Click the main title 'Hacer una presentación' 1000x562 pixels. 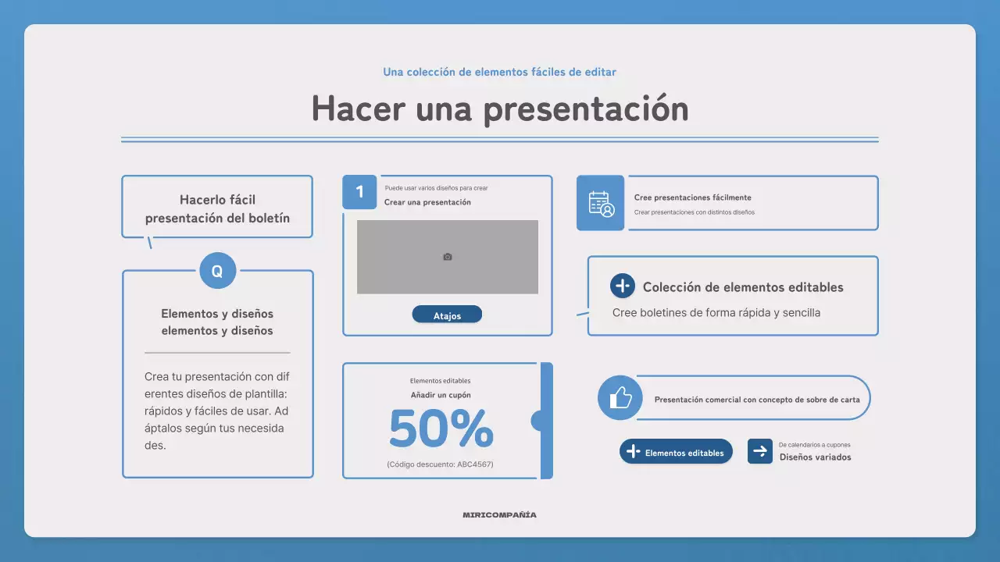[500, 108]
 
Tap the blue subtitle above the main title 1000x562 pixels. [500, 72]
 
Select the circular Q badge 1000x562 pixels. [217, 271]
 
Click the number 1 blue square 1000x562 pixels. [359, 192]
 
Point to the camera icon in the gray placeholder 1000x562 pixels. [448, 257]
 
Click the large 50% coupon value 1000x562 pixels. [441, 429]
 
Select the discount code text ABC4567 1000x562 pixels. [440, 464]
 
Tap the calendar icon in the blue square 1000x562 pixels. [601, 203]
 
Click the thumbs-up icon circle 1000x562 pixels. [620, 398]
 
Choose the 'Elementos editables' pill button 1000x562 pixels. [677, 452]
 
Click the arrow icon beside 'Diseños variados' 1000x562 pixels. [759, 451]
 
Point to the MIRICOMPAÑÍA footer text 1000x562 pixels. [500, 515]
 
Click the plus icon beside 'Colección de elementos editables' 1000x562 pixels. [623, 286]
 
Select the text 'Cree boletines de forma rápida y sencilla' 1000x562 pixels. [716, 313]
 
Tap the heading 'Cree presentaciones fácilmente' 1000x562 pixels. [693, 197]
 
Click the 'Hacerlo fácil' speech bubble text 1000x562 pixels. [217, 200]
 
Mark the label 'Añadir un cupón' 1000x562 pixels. [441, 395]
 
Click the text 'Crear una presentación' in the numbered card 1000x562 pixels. [427, 202]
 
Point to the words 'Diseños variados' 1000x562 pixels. [815, 457]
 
